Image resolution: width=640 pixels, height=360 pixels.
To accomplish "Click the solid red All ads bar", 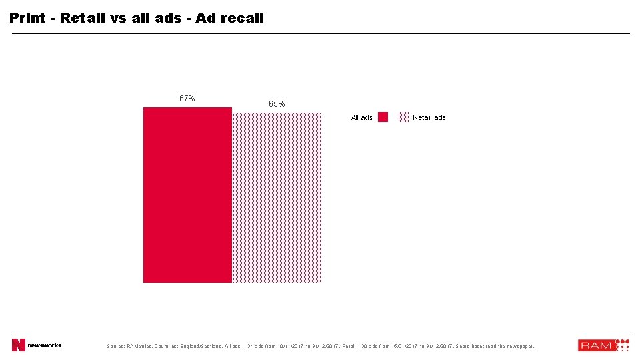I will point(187,195).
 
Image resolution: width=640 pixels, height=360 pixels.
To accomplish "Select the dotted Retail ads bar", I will point(277,197).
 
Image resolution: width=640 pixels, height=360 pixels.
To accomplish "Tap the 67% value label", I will point(187,99).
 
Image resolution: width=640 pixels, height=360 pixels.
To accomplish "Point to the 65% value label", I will point(277,104).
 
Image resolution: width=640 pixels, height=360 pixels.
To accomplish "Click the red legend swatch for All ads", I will point(383,117).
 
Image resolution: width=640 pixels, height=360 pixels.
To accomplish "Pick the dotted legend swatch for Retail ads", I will point(403,117).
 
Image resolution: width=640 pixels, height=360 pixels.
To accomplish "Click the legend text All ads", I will point(362,117).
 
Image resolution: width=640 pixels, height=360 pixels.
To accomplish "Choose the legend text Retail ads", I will point(429,117).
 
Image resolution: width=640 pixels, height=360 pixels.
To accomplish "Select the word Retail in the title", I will point(83,18).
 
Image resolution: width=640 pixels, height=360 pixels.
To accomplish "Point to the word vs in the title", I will point(118,18).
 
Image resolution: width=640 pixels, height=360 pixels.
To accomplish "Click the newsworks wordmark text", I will point(44,345).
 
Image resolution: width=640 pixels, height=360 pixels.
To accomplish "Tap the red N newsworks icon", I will point(18,345).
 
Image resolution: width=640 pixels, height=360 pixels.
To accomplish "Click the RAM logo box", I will point(595,345).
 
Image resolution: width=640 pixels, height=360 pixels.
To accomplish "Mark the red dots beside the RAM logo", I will point(622,345).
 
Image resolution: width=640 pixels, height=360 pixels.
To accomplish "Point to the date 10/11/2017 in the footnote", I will point(290,346).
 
